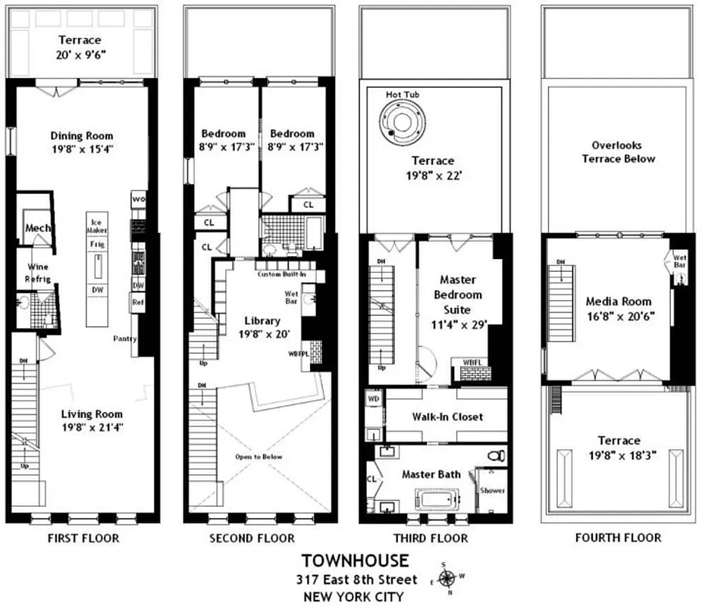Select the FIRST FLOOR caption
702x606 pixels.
pos(81,538)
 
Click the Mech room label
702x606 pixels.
pos(36,228)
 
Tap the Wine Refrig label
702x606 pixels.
pos(39,273)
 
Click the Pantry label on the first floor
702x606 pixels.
pos(124,338)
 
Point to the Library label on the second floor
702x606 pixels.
pos(262,320)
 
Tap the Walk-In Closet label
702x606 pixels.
pos(447,417)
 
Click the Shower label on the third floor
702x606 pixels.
pos(492,490)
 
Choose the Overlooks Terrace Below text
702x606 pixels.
pos(618,152)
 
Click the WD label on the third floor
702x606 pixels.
pos(373,398)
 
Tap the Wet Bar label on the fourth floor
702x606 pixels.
pos(680,261)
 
